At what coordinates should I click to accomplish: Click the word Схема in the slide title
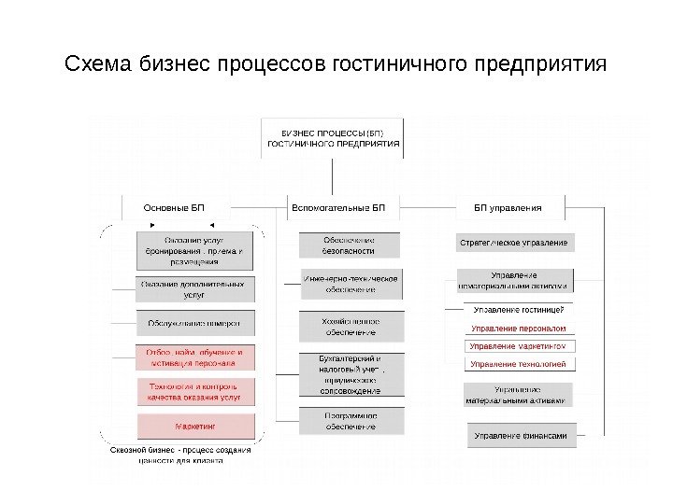98,66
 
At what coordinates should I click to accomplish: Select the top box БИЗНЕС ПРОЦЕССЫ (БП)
333,137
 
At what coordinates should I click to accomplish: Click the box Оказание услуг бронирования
196,249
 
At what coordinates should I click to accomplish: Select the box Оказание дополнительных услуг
194,288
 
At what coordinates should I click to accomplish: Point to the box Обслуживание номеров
194,324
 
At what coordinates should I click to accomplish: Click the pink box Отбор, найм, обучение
194,357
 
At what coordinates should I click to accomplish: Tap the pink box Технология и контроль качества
194,391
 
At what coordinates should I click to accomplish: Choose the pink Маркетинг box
194,426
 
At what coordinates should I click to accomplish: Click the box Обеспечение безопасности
351,245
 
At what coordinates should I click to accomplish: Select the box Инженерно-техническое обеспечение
351,284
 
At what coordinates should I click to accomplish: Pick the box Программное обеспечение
351,421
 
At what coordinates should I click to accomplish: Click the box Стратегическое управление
513,243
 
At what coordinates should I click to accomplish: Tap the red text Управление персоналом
518,329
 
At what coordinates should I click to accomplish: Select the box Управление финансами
520,435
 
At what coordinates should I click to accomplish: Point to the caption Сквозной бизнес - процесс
180,455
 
